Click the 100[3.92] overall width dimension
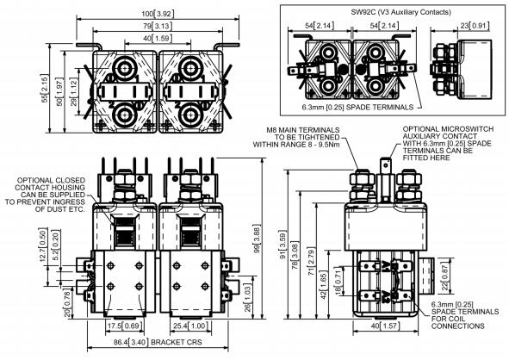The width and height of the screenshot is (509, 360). click(158, 14)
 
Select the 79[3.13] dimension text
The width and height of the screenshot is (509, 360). click(158, 26)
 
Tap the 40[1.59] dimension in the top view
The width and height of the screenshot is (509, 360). click(158, 38)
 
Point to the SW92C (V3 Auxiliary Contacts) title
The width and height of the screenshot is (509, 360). click(400, 12)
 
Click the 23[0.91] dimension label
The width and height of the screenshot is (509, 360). click(475, 26)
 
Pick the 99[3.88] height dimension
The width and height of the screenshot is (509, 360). click(258, 239)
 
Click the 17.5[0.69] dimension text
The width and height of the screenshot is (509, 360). click(125, 326)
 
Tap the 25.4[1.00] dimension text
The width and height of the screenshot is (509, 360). click(189, 326)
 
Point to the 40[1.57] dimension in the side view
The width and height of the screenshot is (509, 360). click(385, 326)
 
